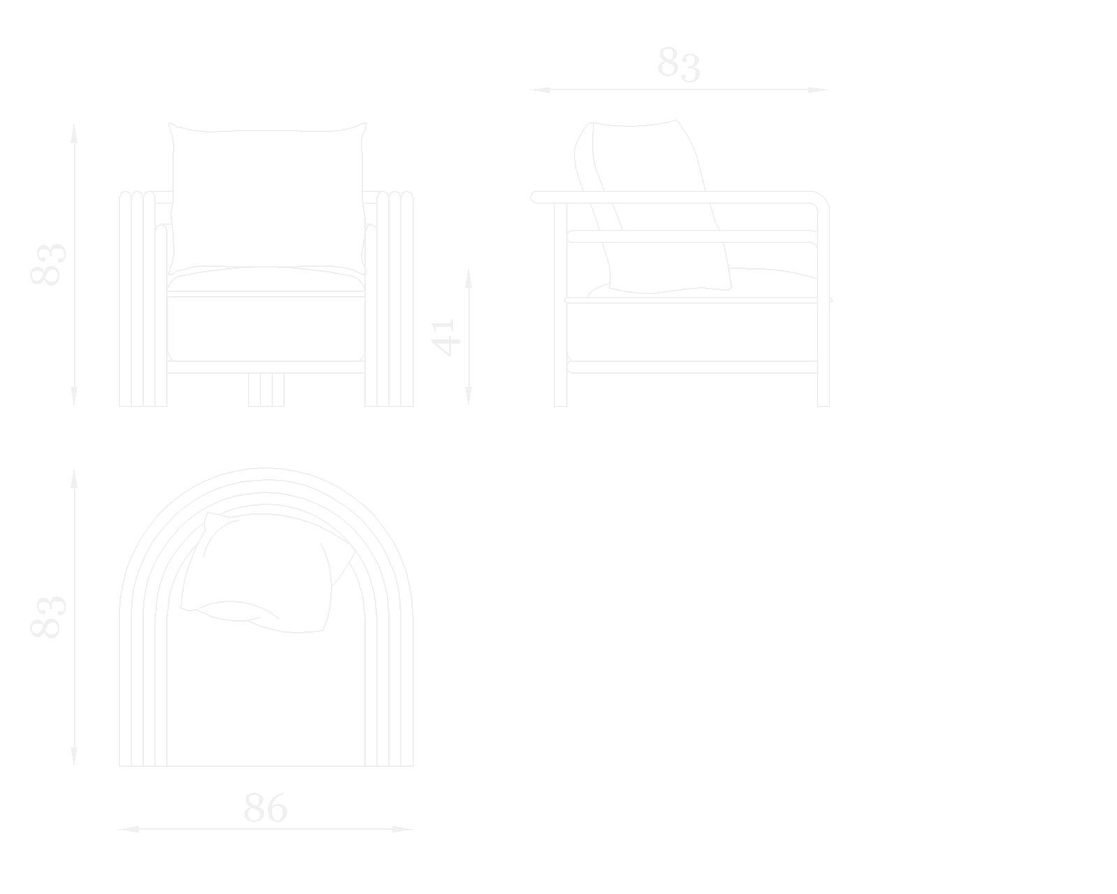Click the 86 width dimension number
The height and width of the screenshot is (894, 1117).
coord(265,808)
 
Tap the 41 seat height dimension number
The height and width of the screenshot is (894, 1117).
coord(444,337)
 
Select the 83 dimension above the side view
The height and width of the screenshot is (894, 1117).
coord(679,65)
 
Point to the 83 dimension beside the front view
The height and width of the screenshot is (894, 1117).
coord(47,264)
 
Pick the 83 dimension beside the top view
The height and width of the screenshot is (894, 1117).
coord(47,616)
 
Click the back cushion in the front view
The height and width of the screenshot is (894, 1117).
coord(267,199)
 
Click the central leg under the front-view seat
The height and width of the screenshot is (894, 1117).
coord(266,390)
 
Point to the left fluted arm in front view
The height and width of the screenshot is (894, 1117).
coord(142,300)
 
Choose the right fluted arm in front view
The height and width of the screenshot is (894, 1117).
coord(390,300)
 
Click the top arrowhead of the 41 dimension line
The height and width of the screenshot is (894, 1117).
coord(468,277)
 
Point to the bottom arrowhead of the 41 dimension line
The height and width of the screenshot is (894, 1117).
coord(468,397)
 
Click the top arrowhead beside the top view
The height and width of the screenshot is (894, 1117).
coord(74,479)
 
